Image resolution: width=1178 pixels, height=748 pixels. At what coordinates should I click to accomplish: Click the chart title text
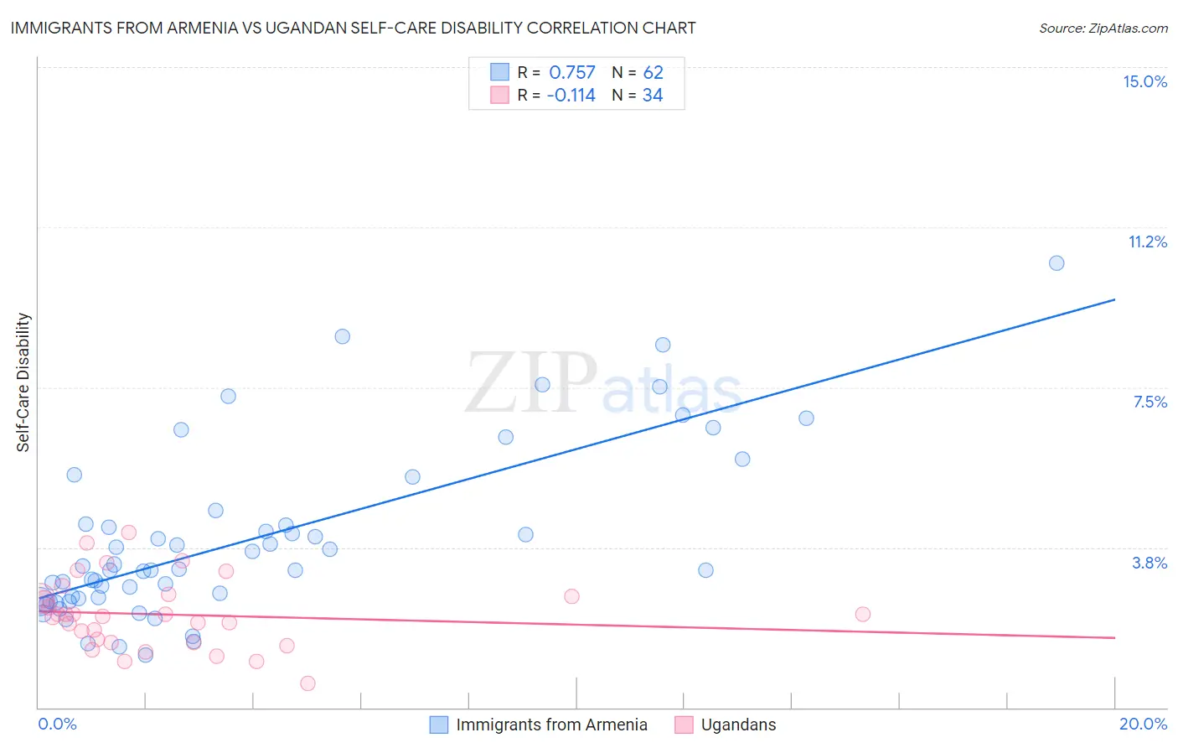(x=353, y=28)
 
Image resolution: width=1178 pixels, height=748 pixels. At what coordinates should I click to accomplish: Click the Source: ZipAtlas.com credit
(x=1103, y=29)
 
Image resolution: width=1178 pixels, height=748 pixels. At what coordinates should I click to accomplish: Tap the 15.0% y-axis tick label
(x=1144, y=81)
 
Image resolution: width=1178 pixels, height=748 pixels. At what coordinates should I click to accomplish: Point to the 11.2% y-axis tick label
(x=1147, y=242)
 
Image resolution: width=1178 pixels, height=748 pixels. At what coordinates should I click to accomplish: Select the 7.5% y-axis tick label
(x=1150, y=402)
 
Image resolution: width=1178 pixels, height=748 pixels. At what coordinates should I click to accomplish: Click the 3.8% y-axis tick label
(x=1150, y=563)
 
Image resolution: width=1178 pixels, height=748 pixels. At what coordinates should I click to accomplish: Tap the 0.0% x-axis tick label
(x=57, y=724)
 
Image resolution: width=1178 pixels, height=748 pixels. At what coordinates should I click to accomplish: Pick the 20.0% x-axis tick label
(x=1143, y=724)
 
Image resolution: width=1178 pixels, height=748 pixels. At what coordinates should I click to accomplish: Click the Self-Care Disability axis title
(x=23, y=382)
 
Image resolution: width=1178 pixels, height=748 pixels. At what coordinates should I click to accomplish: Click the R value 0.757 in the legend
(x=571, y=73)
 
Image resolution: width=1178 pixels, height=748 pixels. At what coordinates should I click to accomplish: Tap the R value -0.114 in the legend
(x=571, y=96)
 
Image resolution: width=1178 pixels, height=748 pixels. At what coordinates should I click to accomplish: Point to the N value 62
(x=653, y=73)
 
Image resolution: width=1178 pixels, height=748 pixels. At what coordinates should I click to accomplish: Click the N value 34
(x=653, y=96)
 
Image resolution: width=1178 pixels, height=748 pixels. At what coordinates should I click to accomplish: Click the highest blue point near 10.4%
(x=1057, y=263)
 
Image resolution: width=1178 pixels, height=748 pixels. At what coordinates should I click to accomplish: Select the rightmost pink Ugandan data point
(x=862, y=614)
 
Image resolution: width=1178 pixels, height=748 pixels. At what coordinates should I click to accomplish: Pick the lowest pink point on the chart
(x=307, y=683)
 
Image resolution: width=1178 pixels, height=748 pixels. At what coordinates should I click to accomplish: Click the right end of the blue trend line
(x=1114, y=299)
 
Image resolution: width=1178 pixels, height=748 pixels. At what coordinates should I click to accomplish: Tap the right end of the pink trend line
(x=1114, y=638)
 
